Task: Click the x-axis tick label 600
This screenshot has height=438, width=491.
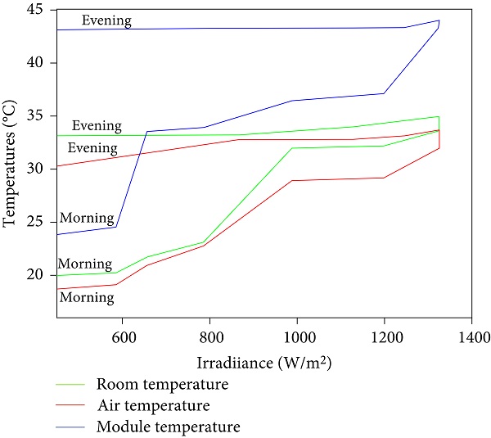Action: tap(123, 335)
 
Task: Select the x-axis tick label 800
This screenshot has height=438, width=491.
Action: tap(210, 335)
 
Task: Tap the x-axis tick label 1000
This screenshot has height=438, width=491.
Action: tap(297, 335)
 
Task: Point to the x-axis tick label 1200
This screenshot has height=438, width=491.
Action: tap(384, 335)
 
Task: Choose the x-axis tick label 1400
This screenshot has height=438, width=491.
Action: tap(471, 335)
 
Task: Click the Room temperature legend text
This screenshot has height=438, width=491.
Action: tap(162, 384)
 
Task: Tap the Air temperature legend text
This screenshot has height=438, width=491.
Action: tap(154, 405)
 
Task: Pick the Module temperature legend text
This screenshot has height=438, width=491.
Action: tap(168, 427)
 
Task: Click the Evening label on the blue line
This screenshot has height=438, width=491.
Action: tap(106, 20)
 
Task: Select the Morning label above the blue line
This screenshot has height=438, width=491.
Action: tap(87, 218)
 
